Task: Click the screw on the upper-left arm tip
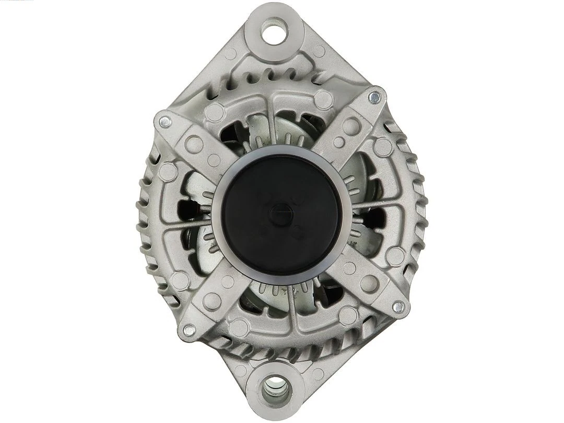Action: (x=163, y=121)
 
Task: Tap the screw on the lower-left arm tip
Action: (x=186, y=330)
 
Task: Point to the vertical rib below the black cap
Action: (x=292, y=308)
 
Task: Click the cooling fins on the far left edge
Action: (x=147, y=219)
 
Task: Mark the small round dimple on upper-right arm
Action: (x=339, y=142)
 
